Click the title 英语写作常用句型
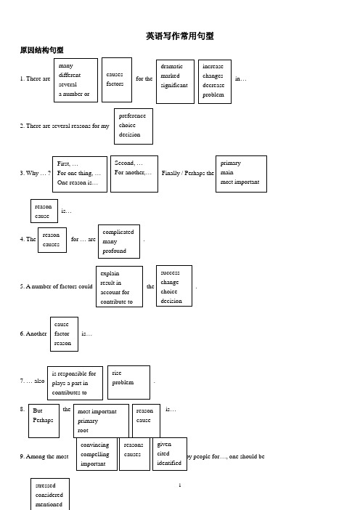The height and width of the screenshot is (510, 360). pyautogui.click(x=180, y=36)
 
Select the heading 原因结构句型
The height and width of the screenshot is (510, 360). pyautogui.click(x=41, y=50)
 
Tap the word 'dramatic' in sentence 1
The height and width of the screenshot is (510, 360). pyautogui.click(x=171, y=66)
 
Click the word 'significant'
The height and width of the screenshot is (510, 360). pyautogui.click(x=174, y=85)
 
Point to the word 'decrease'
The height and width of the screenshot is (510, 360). pyautogui.click(x=213, y=85)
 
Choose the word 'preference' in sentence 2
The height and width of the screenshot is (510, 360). pyautogui.click(x=132, y=116)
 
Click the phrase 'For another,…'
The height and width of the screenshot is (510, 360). pyautogui.click(x=133, y=172)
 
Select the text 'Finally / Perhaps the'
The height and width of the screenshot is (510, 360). pyautogui.click(x=188, y=173)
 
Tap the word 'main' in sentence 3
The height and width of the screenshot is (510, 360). pyautogui.click(x=226, y=172)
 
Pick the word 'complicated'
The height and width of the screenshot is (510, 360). pyautogui.click(x=118, y=232)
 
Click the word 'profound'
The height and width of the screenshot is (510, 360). pyautogui.click(x=115, y=251)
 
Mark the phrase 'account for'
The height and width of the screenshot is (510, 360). pyautogui.click(x=115, y=292)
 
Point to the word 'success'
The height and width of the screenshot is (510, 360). pyautogui.click(x=170, y=272)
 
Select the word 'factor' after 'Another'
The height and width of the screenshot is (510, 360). pyautogui.click(x=62, y=333)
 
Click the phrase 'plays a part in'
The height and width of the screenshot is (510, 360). pyautogui.click(x=70, y=383)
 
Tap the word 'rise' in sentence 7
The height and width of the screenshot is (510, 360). pyautogui.click(x=117, y=373)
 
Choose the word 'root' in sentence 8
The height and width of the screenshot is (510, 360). pyautogui.click(x=83, y=430)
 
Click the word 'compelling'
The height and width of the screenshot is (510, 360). pyautogui.click(x=95, y=454)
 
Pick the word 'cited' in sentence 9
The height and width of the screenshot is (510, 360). pyautogui.click(x=163, y=453)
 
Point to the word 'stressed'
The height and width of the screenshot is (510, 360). pyautogui.click(x=46, y=485)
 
